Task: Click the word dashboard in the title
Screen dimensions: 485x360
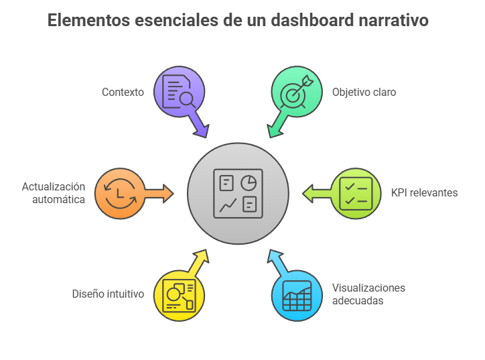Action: (311, 20)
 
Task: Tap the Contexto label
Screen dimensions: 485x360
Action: (123, 92)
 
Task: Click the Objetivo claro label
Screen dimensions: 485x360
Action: (364, 93)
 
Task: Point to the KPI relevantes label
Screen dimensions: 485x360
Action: (425, 192)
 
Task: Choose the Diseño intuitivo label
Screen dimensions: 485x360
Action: (108, 294)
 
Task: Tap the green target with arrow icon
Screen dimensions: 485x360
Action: (296, 91)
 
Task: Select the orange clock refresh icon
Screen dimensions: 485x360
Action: (120, 194)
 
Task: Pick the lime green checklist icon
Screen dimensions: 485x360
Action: (356, 194)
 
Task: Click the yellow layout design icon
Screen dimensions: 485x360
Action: (179, 295)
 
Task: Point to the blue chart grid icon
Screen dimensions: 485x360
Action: (297, 296)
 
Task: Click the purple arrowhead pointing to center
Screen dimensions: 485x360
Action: (202, 131)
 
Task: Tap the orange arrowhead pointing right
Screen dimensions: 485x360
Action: (168, 194)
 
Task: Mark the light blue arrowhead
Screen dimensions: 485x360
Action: (275, 256)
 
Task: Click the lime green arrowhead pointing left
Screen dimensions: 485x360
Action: (308, 194)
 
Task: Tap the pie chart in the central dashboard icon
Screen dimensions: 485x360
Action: (249, 182)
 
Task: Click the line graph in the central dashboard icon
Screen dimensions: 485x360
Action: (228, 205)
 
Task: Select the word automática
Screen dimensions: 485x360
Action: (59, 199)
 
